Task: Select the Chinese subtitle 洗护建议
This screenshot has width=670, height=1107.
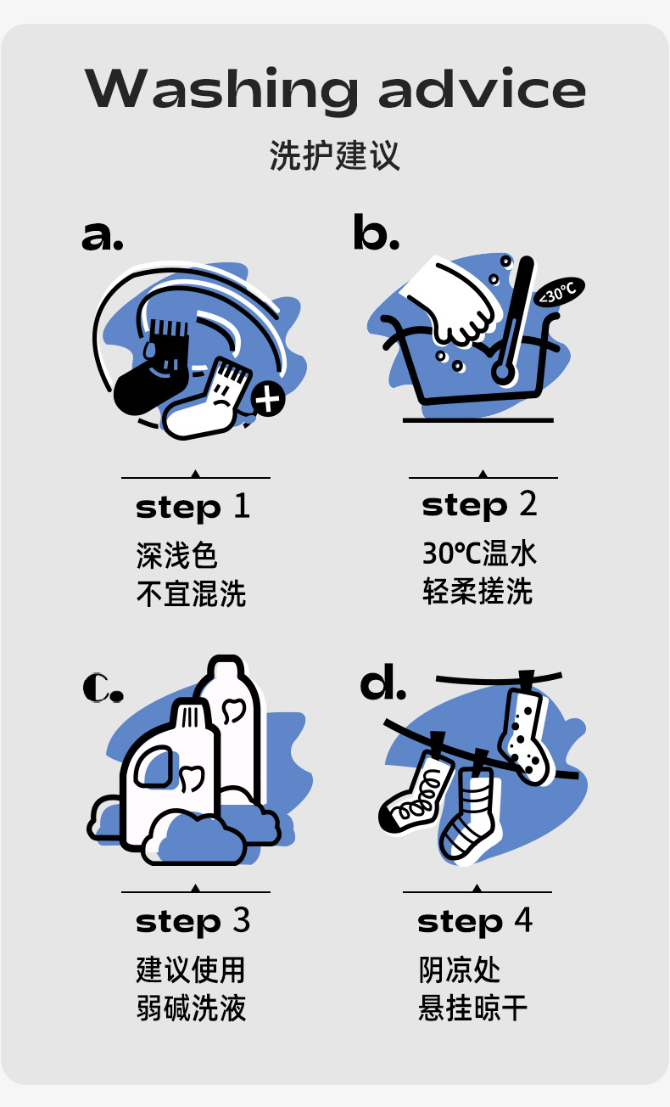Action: [x=334, y=155]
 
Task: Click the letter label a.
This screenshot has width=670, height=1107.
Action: [x=103, y=236]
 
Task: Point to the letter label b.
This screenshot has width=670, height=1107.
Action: [x=377, y=231]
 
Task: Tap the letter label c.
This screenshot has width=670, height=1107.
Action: [x=103, y=688]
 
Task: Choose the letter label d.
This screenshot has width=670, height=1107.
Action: [x=383, y=682]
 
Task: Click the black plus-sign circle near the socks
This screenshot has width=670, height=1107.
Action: [x=268, y=399]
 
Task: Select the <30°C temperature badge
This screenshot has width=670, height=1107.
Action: [x=559, y=291]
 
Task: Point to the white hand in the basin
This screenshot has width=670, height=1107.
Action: [x=450, y=301]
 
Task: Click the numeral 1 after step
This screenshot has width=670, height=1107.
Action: [x=242, y=506]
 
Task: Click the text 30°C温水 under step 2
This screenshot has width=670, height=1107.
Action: [x=479, y=553]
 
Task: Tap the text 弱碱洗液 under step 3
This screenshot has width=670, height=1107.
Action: [x=191, y=1008]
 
